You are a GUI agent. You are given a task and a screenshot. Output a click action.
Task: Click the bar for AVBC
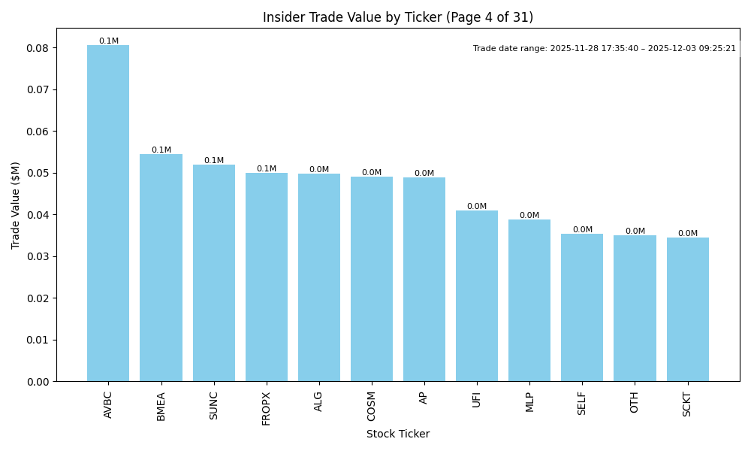pyautogui.click(x=108, y=213)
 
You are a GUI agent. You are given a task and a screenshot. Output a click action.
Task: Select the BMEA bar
pyautogui.click(x=161, y=268)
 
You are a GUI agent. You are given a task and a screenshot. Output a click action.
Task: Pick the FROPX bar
pyautogui.click(x=267, y=277)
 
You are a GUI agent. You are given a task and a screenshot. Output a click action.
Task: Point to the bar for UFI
pyautogui.click(x=477, y=296)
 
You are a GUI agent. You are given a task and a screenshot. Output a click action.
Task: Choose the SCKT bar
pyautogui.click(x=687, y=310)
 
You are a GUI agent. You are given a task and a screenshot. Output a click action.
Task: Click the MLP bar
pyautogui.click(x=529, y=301)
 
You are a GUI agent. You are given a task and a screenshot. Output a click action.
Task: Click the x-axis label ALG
pyautogui.click(x=318, y=401)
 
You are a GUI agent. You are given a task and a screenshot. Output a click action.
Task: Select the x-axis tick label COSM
pyautogui.click(x=371, y=404)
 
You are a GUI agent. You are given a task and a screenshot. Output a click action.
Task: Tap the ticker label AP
pyautogui.click(x=424, y=398)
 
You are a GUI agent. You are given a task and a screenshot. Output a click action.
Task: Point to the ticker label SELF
pyautogui.click(x=582, y=403)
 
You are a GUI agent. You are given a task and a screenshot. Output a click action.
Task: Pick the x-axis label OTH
pyautogui.click(x=635, y=402)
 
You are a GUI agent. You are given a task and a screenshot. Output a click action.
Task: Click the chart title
pyautogui.click(x=398, y=17)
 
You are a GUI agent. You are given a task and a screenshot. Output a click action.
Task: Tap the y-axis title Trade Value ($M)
pyautogui.click(x=16, y=204)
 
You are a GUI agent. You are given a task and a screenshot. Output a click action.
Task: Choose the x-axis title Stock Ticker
pyautogui.click(x=398, y=434)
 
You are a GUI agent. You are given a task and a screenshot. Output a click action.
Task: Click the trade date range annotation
pyautogui.click(x=605, y=48)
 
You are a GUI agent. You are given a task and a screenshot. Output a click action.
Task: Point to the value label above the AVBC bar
pyautogui.click(x=108, y=41)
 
